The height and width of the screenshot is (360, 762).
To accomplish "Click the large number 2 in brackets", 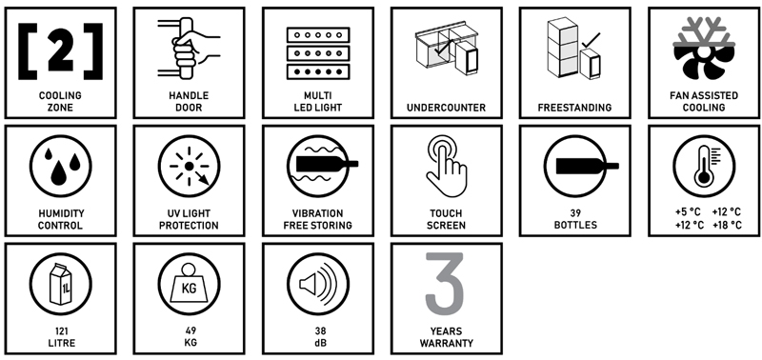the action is (x=61, y=50).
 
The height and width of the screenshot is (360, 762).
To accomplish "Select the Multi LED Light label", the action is (x=318, y=102).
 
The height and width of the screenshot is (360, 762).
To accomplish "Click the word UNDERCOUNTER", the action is (x=446, y=108).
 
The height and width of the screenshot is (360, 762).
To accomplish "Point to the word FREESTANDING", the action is (x=575, y=108).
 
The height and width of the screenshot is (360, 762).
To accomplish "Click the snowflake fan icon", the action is (x=704, y=50).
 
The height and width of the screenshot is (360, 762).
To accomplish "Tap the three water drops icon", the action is (x=61, y=167).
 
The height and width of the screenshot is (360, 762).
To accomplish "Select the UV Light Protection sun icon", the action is (x=189, y=166).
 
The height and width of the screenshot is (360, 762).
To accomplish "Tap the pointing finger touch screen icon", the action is (x=446, y=166).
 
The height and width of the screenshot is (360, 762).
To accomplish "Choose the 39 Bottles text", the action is (x=575, y=219).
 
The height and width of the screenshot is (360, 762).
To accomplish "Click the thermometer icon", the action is (x=704, y=166).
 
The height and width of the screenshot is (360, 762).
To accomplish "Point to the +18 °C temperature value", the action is (x=727, y=225).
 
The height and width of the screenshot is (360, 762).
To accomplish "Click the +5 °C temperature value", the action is (x=688, y=211).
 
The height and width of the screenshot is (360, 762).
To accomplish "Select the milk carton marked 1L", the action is (x=61, y=284).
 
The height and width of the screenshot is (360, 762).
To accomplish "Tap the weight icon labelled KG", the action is (x=189, y=284).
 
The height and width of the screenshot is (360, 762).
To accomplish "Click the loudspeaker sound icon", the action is (x=318, y=284).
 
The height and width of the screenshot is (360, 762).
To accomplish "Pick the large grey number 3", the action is (x=445, y=284).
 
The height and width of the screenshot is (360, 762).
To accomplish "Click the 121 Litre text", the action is (x=61, y=337).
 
